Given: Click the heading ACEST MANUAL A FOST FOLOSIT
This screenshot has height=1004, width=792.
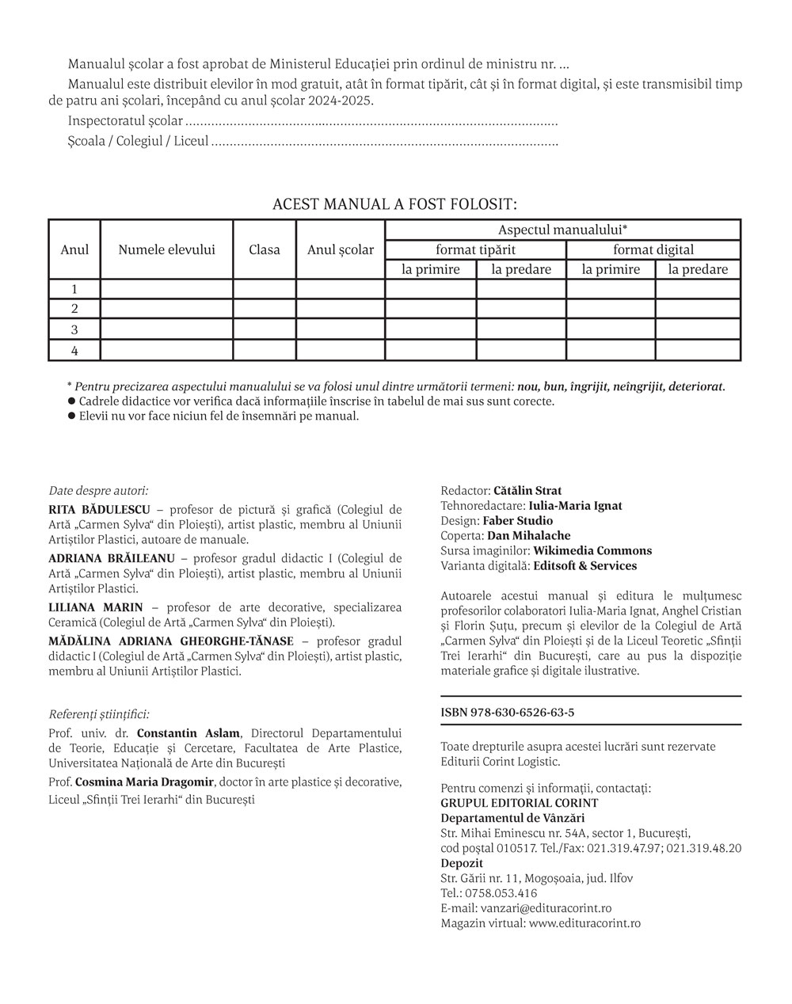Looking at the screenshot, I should (x=394, y=204).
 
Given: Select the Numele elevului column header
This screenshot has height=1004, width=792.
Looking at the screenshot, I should (x=166, y=249).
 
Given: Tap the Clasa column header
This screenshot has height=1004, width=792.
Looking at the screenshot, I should (x=265, y=249).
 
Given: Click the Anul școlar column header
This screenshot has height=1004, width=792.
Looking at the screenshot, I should (x=341, y=249).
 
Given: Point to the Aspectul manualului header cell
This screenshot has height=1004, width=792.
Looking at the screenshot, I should (x=562, y=230).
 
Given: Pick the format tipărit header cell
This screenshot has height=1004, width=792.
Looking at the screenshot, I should (x=475, y=249).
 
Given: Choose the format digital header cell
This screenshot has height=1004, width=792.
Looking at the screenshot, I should (x=653, y=249).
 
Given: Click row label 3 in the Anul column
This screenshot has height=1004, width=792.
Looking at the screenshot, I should (x=74, y=329).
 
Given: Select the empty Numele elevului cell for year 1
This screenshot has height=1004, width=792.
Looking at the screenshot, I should (x=166, y=289).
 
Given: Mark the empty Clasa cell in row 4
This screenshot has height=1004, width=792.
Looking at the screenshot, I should (x=265, y=350).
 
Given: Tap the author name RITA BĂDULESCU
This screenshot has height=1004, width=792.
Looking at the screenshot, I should (x=99, y=509).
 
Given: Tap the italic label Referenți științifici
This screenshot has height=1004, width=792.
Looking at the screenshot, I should (x=99, y=713).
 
